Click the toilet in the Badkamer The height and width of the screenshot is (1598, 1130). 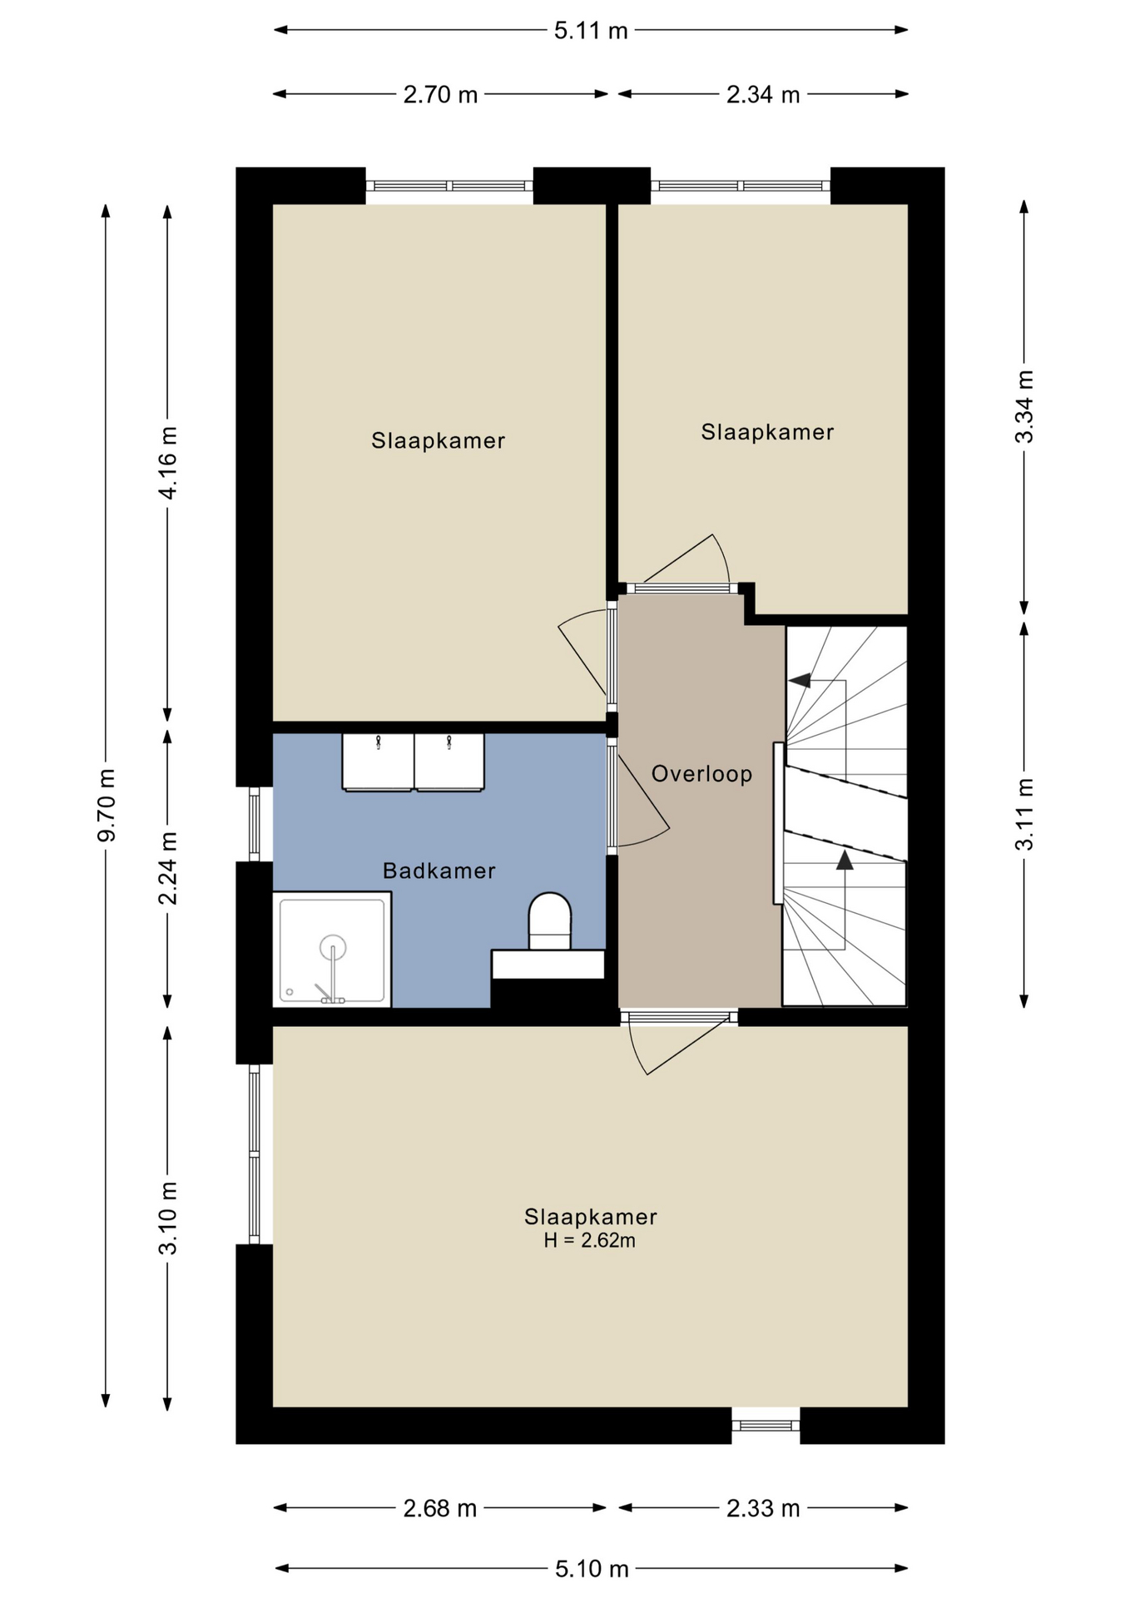pos(549,921)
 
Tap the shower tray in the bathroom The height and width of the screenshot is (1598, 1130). pos(332,949)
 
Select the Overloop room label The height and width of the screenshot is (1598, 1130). pos(701,774)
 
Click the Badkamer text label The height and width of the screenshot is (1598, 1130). pos(439,871)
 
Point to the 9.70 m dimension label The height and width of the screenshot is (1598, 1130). pos(107,805)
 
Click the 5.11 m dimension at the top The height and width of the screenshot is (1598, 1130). pos(591,31)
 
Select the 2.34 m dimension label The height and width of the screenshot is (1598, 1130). pos(763,95)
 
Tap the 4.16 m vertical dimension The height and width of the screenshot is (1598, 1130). pos(168,463)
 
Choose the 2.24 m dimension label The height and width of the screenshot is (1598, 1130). pos(168,868)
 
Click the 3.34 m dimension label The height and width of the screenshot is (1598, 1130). pos(1024,406)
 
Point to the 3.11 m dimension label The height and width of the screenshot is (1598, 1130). pos(1024,814)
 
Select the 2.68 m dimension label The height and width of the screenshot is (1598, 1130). pos(439,1507)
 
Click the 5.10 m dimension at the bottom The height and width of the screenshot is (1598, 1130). pos(591,1569)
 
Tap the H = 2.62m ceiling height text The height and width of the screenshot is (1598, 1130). pos(589,1240)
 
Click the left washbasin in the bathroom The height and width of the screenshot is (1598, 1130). pos(378,762)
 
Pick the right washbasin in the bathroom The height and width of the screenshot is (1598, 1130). pos(449,762)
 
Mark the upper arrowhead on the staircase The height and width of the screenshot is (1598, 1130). pos(800,681)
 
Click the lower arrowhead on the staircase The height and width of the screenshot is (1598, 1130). pos(845,860)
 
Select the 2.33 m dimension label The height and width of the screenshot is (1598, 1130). pos(763,1507)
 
